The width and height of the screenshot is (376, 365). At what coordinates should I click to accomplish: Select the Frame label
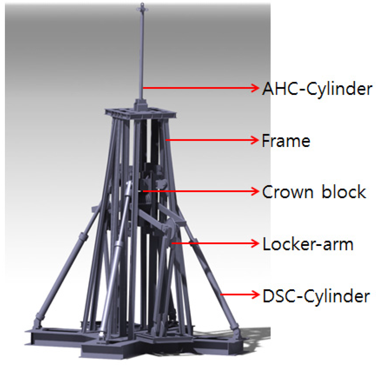(286, 141)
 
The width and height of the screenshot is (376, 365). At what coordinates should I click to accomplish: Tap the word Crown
(287, 192)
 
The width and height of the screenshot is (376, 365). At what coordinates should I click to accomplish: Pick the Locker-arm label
(308, 244)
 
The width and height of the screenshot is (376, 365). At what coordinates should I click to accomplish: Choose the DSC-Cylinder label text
(316, 296)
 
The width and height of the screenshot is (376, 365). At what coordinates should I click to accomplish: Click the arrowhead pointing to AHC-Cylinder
(255, 88)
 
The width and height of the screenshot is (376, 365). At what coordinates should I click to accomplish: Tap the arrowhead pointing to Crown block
(255, 191)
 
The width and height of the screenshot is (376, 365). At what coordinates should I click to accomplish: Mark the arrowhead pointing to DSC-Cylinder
(255, 294)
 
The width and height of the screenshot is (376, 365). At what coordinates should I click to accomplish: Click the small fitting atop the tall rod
(142, 8)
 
